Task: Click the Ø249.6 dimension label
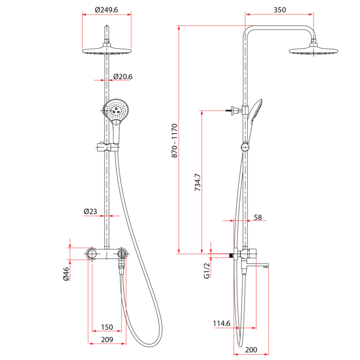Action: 107,10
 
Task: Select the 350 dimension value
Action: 279,10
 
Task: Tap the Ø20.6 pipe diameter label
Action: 123,77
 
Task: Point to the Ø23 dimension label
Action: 90,211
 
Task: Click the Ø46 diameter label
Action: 66,274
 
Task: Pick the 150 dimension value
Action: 107,327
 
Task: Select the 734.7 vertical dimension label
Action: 197,183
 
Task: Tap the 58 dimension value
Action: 257,217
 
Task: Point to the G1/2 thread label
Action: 207,271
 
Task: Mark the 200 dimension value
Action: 251,349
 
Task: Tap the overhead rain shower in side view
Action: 313,51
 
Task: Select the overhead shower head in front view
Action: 107,51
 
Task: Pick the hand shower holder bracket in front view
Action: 108,147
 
